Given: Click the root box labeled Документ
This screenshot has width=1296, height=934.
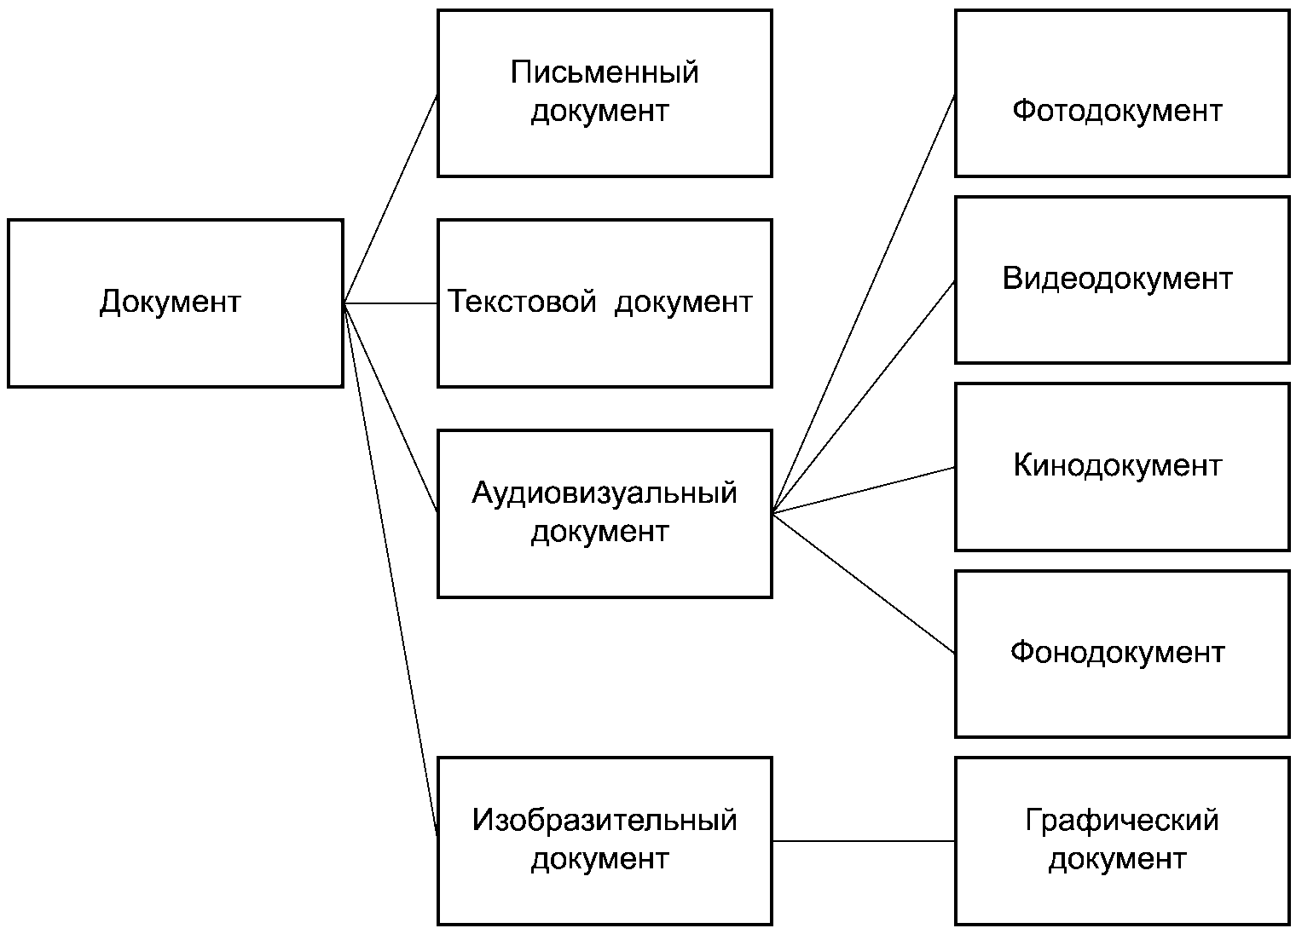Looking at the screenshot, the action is tap(176, 303).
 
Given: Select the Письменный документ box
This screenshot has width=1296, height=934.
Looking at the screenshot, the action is tap(605, 93).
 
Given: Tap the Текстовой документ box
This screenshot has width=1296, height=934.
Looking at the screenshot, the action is tap(605, 303).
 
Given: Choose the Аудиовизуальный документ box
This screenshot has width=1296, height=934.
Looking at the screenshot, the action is tap(605, 514).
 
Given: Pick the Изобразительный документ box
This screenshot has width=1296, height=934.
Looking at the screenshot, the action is tap(605, 841).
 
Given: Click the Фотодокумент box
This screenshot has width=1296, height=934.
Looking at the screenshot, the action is tap(1122, 93).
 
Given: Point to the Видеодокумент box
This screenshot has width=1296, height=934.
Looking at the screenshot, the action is tap(1122, 280).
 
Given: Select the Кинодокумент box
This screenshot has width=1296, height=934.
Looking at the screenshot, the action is tap(1122, 467).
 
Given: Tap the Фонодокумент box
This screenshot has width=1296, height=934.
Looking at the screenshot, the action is tap(1122, 654).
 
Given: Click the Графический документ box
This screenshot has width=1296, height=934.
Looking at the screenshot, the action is tap(1122, 841).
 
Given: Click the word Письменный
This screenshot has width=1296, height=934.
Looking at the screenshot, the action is tap(605, 73).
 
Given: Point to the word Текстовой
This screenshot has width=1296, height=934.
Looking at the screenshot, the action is tap(522, 302).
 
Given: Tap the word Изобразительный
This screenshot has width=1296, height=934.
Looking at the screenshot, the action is tap(605, 820).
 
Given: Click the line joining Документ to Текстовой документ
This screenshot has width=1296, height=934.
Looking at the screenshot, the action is tap(391, 303).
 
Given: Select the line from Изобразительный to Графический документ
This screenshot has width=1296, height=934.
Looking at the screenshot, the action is tap(864, 841).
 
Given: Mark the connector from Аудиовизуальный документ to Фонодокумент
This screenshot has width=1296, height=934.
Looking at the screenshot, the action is tap(864, 583).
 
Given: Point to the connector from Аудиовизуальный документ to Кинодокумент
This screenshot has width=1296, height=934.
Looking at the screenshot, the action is tap(864, 490).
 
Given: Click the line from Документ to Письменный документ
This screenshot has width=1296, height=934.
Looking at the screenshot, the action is tap(391, 199).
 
